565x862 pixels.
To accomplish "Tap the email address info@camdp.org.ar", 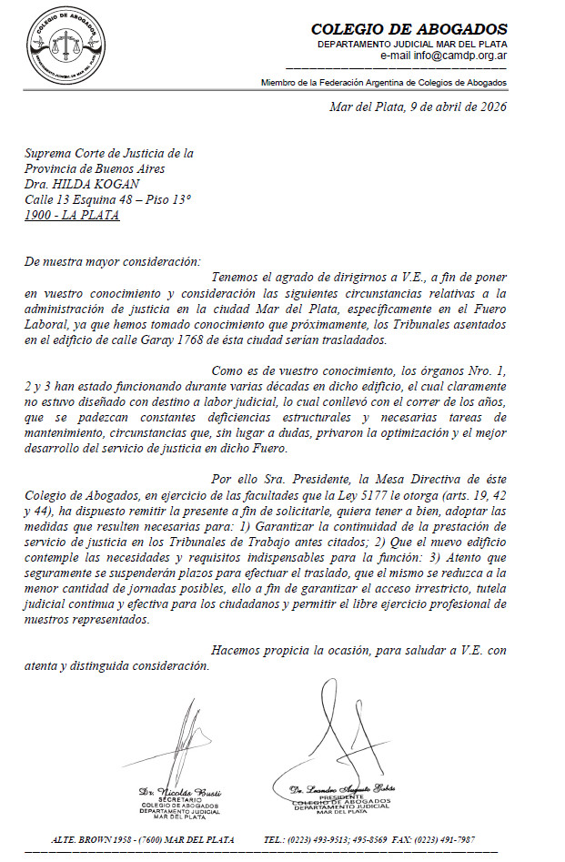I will point(457,56).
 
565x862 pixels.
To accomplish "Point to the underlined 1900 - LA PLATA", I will point(72,216).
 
